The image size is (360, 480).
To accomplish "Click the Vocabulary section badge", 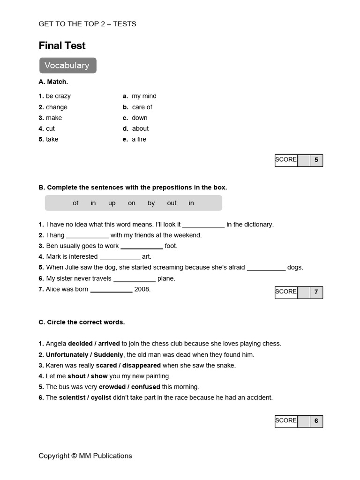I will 67,66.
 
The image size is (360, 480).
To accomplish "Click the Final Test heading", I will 62,45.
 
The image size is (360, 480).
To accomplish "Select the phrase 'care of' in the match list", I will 142,107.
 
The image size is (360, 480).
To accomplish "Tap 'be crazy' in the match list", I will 58,96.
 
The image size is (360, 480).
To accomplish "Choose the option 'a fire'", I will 139,139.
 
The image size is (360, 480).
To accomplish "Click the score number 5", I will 316,160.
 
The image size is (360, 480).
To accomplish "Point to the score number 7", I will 316,292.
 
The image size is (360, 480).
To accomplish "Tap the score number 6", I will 316,421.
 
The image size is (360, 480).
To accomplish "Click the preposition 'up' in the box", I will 112,203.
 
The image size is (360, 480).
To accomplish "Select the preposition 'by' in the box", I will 151,203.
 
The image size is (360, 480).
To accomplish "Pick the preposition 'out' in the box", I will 172,203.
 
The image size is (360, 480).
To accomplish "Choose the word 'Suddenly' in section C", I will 108,354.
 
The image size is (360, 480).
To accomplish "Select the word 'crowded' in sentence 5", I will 112,387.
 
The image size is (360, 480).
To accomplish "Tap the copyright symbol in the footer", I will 74,456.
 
